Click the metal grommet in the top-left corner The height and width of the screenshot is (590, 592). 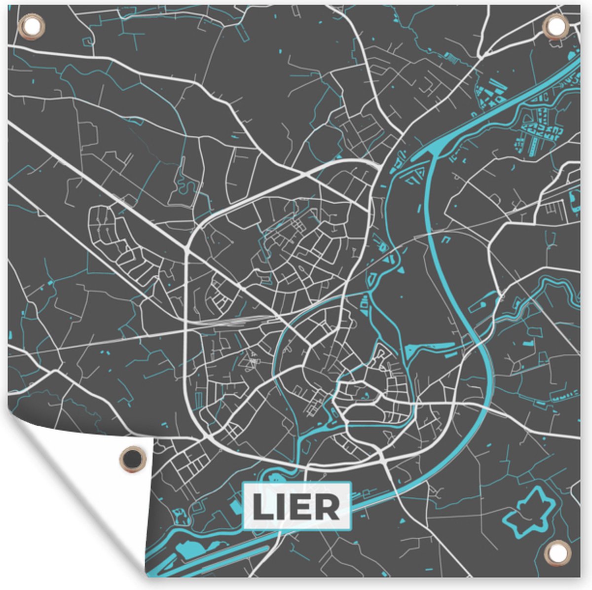tap(31, 25)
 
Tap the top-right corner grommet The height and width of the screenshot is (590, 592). tap(556, 25)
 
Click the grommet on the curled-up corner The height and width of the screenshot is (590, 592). tap(132, 459)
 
